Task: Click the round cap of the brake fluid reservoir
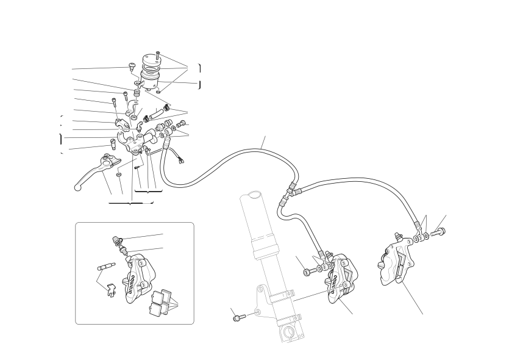[151, 60]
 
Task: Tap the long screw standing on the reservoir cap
[158, 56]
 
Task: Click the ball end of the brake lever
[77, 187]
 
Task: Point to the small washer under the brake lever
[119, 175]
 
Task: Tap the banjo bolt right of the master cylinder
[182, 123]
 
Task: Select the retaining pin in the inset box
[105, 267]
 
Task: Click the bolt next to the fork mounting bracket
[237, 318]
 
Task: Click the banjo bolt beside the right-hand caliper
[438, 232]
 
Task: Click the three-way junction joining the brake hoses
[287, 194]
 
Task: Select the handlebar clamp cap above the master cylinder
[122, 123]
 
